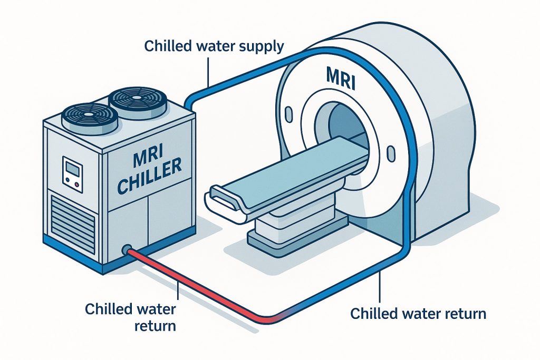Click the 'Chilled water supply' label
(214, 46)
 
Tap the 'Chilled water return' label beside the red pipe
(130, 316)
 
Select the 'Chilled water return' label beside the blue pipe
(418, 314)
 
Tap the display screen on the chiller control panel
(71, 169)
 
